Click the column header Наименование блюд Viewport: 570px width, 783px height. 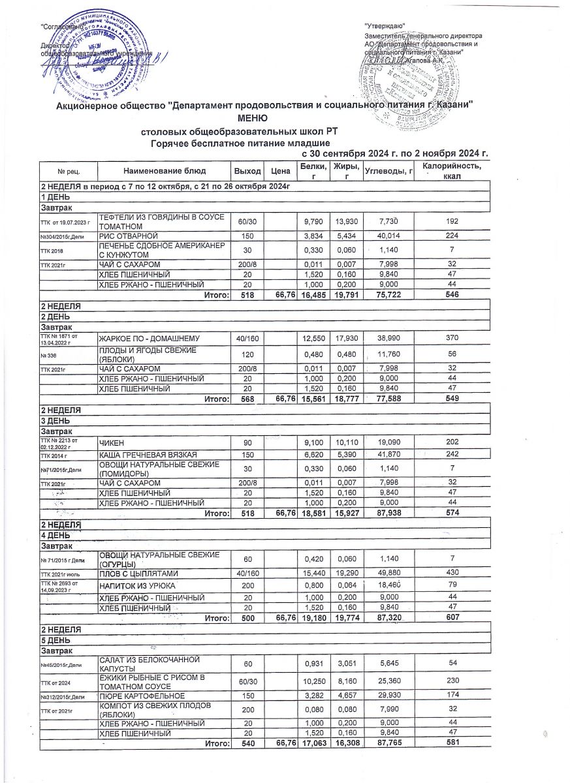click(164, 170)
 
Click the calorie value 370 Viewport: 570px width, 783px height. click(451, 338)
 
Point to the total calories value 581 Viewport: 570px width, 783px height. click(451, 743)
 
